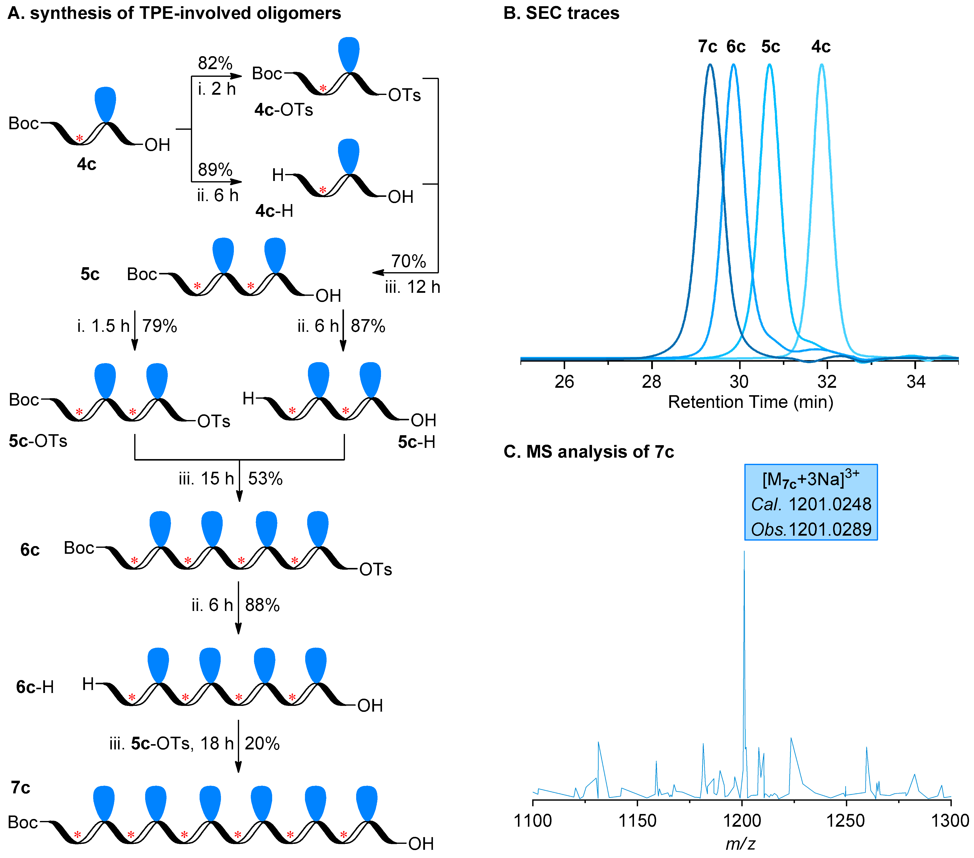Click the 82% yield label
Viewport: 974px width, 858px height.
(x=215, y=63)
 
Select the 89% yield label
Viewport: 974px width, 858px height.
(x=215, y=170)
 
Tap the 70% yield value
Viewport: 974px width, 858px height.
(x=408, y=261)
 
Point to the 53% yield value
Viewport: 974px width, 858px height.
(x=265, y=478)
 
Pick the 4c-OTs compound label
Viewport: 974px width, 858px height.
(x=284, y=110)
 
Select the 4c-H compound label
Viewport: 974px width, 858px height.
(x=274, y=211)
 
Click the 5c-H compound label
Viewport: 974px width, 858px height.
(x=417, y=442)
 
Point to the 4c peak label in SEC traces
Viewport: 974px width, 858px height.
(x=821, y=47)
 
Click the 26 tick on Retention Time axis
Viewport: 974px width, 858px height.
(x=564, y=382)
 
